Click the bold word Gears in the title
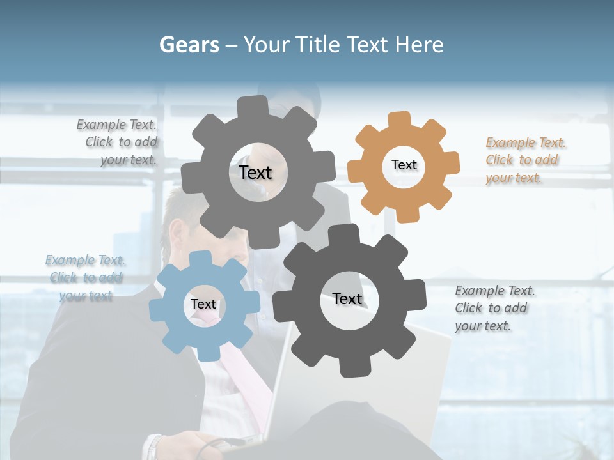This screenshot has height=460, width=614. pos(189,45)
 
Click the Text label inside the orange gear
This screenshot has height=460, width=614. pos(404,165)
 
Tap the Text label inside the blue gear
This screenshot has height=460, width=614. pos(203,304)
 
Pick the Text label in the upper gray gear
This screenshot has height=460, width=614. pos(255,172)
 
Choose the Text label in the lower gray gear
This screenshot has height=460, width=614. pos(347,298)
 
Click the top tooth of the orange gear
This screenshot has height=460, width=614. pos(400,120)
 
